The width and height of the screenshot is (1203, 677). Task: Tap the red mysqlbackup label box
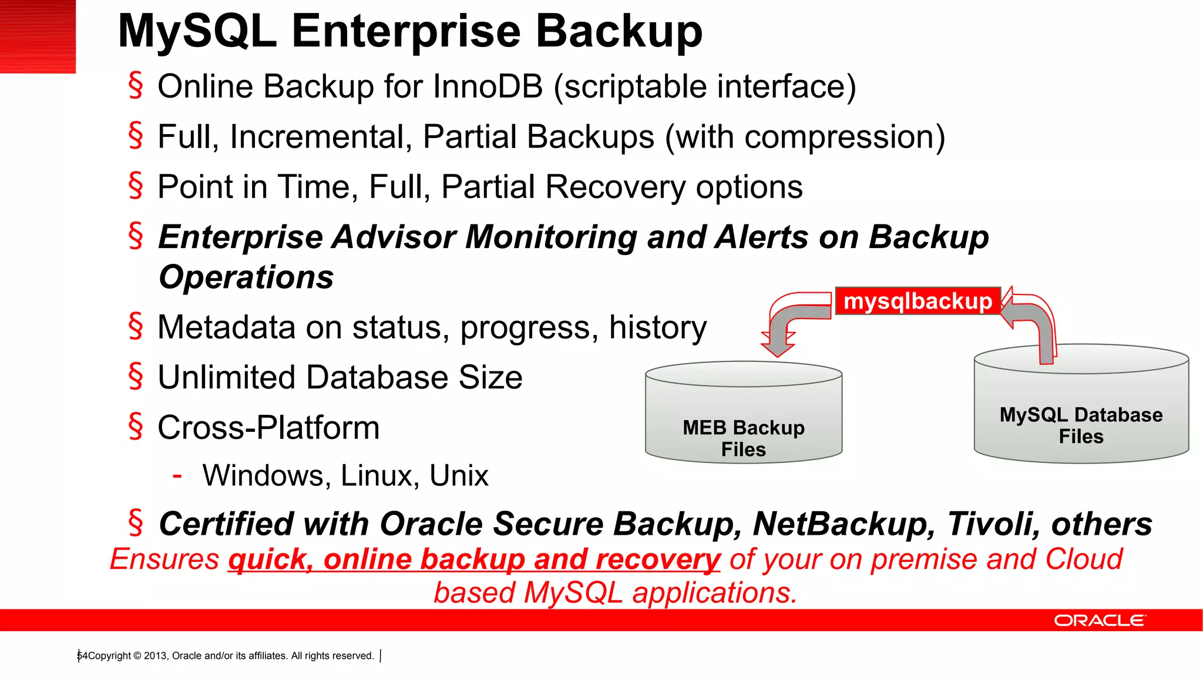(x=918, y=301)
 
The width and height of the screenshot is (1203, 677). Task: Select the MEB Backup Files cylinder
(x=744, y=417)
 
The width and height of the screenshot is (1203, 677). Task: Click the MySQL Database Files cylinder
(x=1081, y=405)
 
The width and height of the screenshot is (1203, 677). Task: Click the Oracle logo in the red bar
(x=1099, y=621)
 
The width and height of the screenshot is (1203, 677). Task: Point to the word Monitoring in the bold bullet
(x=551, y=237)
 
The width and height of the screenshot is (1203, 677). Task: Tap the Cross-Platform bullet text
(x=268, y=427)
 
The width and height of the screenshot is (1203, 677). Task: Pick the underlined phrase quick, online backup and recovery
(x=473, y=559)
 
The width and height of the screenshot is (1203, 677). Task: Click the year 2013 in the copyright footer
(x=155, y=656)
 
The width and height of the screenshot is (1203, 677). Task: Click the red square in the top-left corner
(x=38, y=36)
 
